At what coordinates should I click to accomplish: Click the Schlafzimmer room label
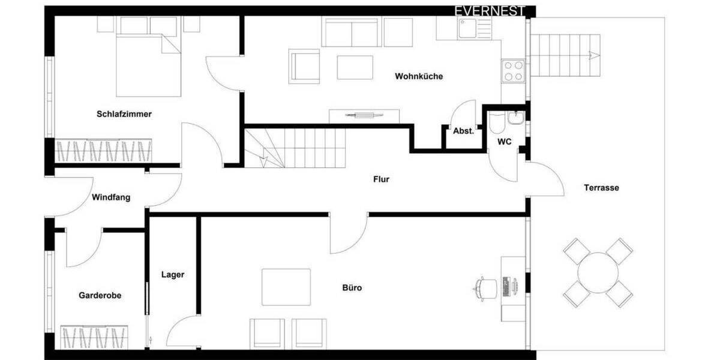tap(124, 114)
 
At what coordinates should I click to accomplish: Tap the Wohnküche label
tap(419, 76)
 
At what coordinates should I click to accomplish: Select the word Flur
tap(381, 179)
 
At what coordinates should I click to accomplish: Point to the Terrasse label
tap(601, 188)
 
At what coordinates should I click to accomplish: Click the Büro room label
tap(352, 288)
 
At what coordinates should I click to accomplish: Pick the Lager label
tap(173, 275)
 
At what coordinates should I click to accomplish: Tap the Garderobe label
tap(100, 295)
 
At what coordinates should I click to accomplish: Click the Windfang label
tap(111, 197)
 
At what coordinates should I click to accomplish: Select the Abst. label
tap(463, 131)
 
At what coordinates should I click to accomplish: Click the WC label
tap(504, 142)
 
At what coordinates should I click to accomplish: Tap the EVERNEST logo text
tap(490, 11)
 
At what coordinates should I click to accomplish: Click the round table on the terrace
tap(598, 272)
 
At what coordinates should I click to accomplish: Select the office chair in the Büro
tap(486, 287)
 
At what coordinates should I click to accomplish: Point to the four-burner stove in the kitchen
tap(513, 70)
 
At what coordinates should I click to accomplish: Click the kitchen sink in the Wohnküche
tap(466, 27)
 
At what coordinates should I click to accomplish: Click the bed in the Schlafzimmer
tap(148, 65)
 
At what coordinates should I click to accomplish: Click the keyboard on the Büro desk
tap(506, 287)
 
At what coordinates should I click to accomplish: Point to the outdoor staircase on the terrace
tap(566, 55)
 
